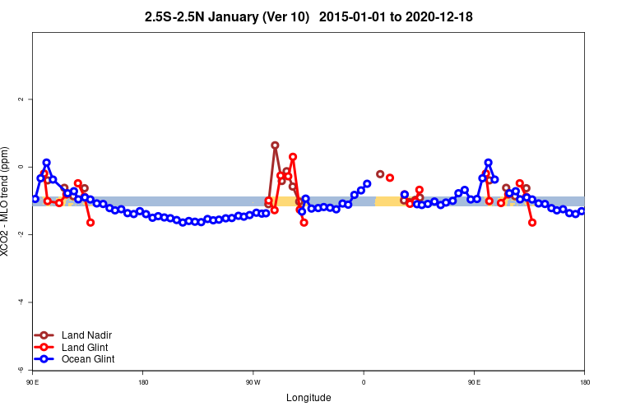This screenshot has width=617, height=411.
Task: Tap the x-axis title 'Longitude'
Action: pos(308,398)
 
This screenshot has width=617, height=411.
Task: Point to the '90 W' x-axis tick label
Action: pos(253,382)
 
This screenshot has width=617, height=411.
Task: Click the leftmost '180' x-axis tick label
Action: pos(143,382)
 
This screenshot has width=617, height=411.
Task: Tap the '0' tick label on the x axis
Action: pos(364,382)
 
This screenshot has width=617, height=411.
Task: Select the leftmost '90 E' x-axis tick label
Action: pos(32,382)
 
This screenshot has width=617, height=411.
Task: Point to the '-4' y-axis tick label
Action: pos(21,302)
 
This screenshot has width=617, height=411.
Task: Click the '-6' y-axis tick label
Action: pos(21,370)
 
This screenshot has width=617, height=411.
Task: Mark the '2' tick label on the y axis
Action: pos(21,99)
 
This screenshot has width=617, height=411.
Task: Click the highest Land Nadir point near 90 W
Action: pos(275,145)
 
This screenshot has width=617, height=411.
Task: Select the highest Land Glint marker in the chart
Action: pos(293,156)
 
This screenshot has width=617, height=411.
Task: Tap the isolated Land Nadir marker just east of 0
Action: pos(379,174)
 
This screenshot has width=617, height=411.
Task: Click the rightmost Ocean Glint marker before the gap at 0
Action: pos(367,184)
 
